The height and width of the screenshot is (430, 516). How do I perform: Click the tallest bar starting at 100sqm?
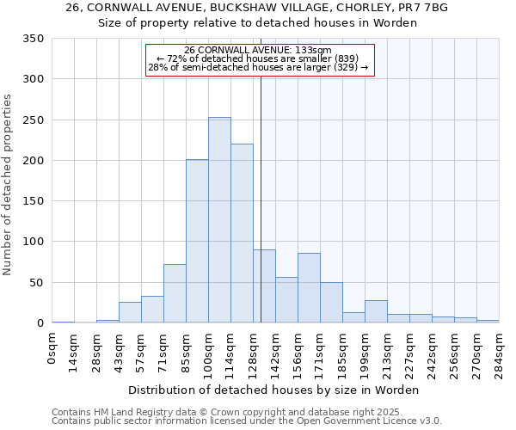(x=219, y=220)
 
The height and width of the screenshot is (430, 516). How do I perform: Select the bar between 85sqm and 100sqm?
(x=197, y=242)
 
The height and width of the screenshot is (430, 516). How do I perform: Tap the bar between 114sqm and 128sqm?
(x=242, y=234)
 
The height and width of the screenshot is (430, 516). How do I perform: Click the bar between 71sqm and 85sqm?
(x=175, y=294)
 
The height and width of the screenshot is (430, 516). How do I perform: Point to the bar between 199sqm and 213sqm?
(x=376, y=312)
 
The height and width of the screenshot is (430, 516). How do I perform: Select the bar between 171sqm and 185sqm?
(x=331, y=303)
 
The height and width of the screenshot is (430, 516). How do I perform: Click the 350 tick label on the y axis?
(x=34, y=39)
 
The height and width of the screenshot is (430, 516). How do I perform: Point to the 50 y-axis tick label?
(x=37, y=283)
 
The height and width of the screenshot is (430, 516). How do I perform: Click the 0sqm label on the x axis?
(x=52, y=348)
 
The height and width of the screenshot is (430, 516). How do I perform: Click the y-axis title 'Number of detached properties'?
(x=8, y=185)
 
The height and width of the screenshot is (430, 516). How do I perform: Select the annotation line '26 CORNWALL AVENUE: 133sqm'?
(x=258, y=51)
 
